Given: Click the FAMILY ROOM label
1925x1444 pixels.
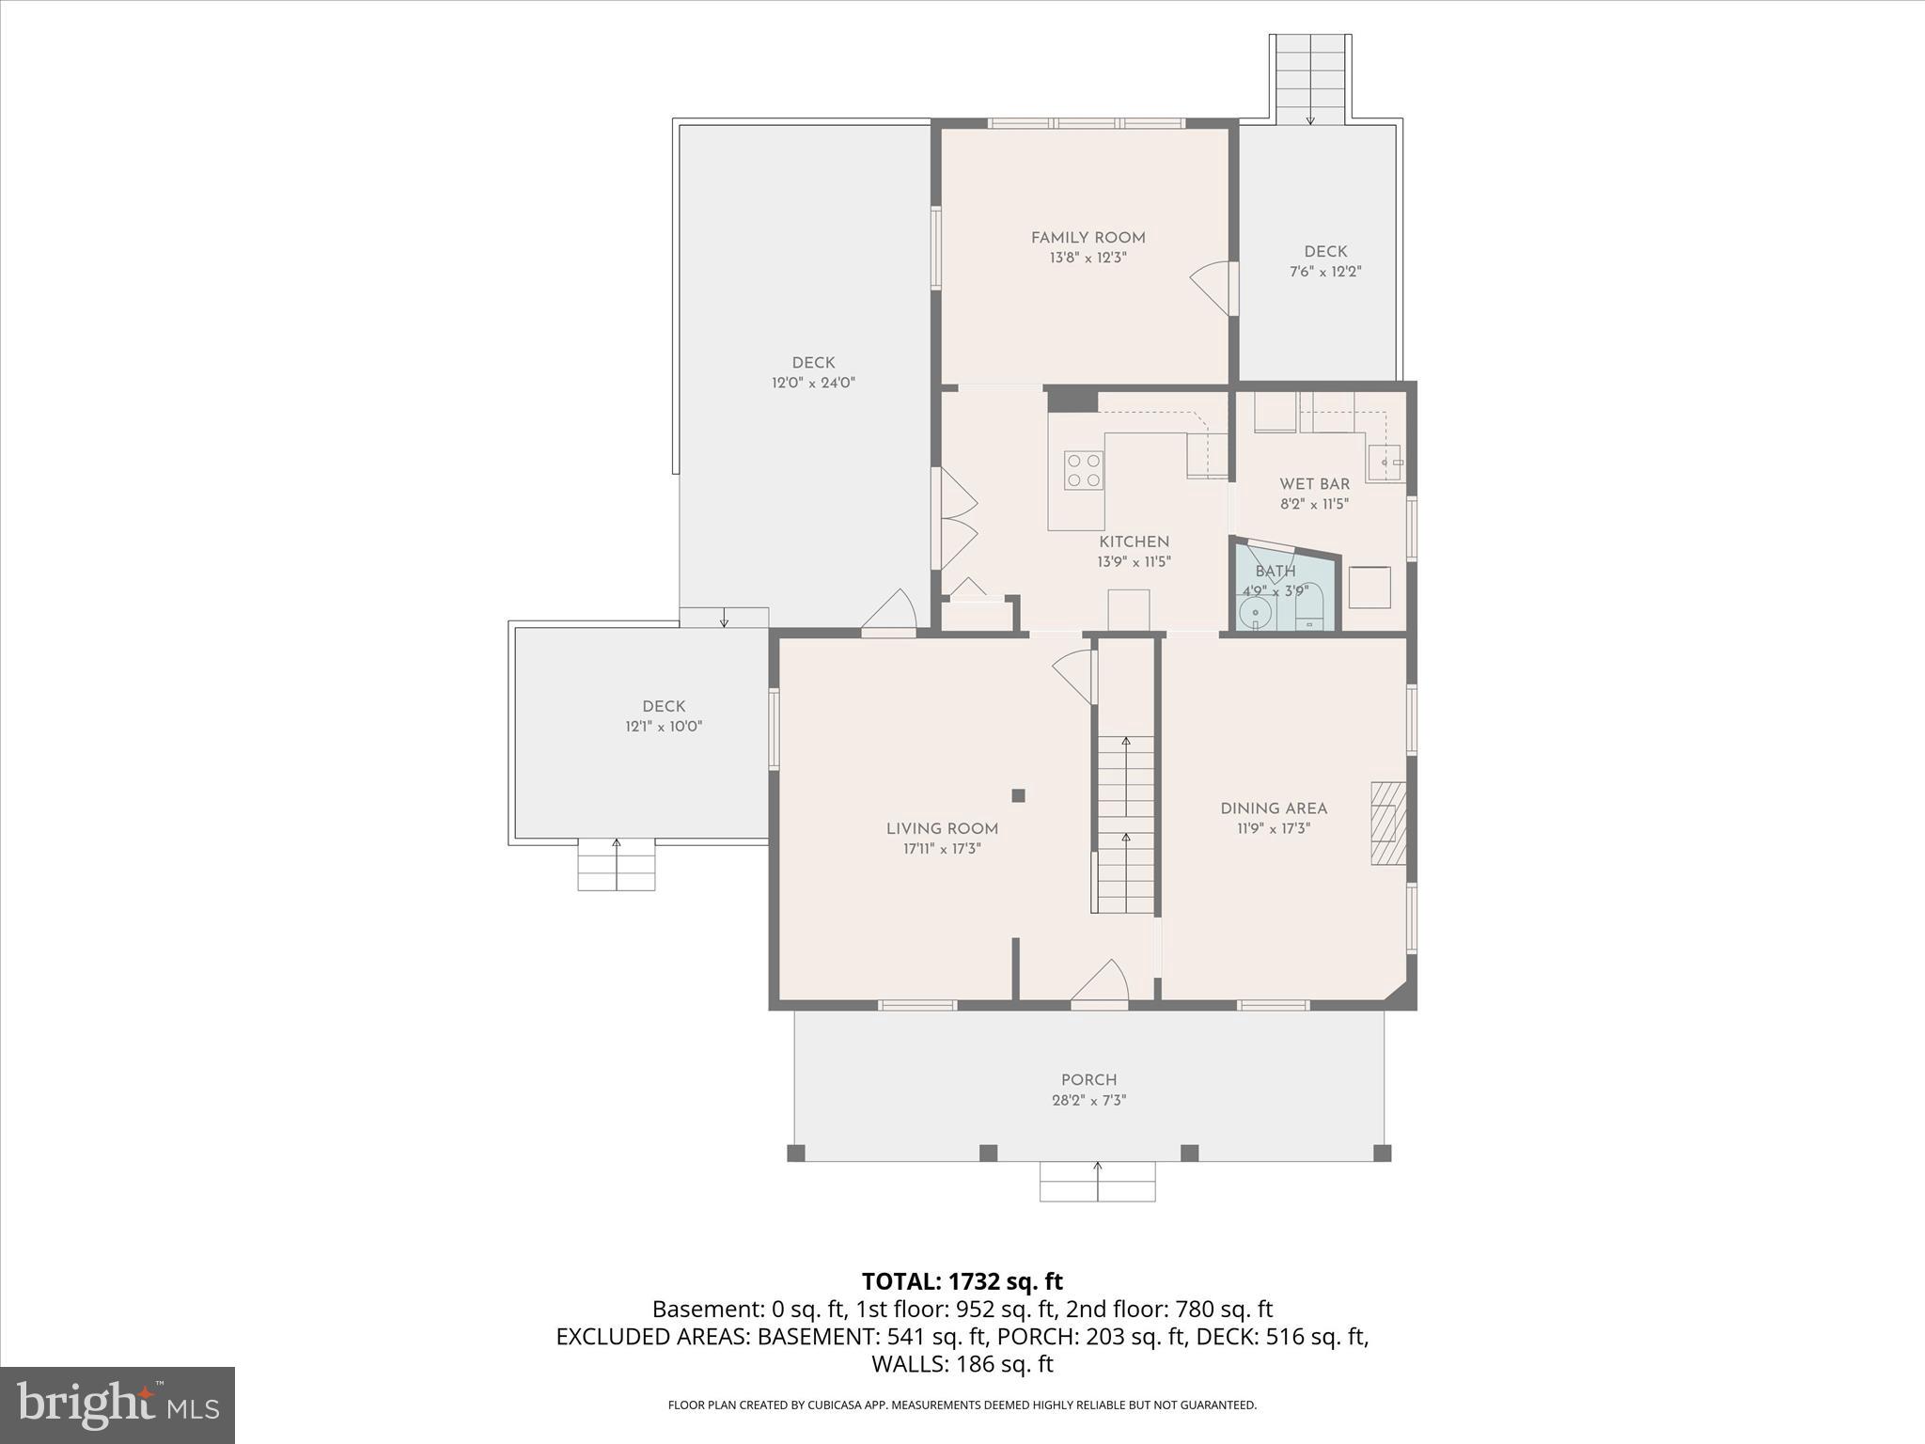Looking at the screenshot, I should [1088, 238].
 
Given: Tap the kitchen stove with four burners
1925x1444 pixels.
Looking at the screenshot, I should [1084, 470].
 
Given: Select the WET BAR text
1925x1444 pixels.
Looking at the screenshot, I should [1314, 484].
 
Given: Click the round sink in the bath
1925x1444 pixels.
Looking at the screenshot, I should [1255, 613].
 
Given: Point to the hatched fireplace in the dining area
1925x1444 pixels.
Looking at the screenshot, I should [1387, 823].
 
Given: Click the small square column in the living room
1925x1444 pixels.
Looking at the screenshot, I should [1018, 795].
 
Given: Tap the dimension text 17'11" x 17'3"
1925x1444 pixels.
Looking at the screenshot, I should [942, 849].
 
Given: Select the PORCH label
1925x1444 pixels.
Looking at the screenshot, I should [1088, 1080].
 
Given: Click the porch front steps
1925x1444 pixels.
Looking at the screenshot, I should [1097, 1182].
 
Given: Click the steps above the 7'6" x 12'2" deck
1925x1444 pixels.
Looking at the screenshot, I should [1310, 80].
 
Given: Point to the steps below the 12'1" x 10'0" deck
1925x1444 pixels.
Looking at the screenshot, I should [617, 865].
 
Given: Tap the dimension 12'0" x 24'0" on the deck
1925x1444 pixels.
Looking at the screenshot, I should [813, 383].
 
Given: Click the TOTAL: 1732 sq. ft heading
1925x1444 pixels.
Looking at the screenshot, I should [962, 1281].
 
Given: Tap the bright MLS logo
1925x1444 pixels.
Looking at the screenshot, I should [117, 1405].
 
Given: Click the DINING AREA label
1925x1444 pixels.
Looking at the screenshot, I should [1274, 808].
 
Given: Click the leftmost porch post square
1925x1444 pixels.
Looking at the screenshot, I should [796, 1153].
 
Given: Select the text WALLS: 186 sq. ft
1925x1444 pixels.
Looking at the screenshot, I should [962, 1364].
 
